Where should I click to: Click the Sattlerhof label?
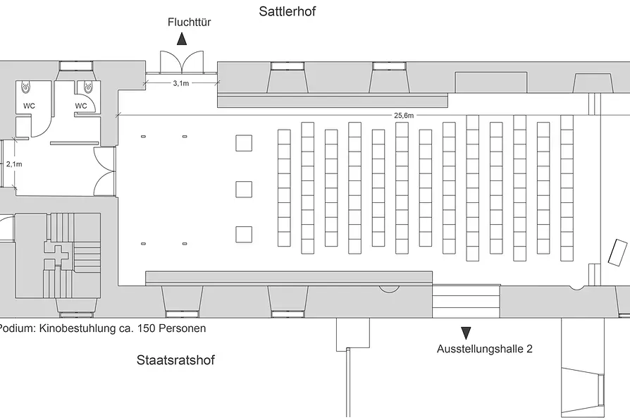pyautogui.click(x=288, y=11)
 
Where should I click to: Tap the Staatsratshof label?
pyautogui.click(x=175, y=359)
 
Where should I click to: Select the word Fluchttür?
pyautogui.click(x=190, y=22)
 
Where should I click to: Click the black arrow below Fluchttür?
pyautogui.click(x=182, y=39)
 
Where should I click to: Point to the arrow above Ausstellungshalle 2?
pyautogui.click(x=466, y=333)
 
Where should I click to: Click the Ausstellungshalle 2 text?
pyautogui.click(x=485, y=349)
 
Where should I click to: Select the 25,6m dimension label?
pyautogui.click(x=403, y=116)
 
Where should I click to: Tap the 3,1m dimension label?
pyautogui.click(x=181, y=83)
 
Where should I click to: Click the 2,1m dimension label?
pyautogui.click(x=14, y=164)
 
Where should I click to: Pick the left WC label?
pyautogui.click(x=29, y=106)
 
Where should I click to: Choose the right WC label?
pyautogui.click(x=81, y=106)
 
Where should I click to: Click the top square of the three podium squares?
pyautogui.click(x=244, y=143)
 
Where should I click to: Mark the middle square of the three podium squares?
pyautogui.click(x=244, y=190)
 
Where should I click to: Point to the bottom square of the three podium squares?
pyautogui.click(x=244, y=235)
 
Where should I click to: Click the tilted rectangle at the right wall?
pyautogui.click(x=617, y=252)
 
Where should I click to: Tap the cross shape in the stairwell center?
pyautogui.click(x=59, y=255)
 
